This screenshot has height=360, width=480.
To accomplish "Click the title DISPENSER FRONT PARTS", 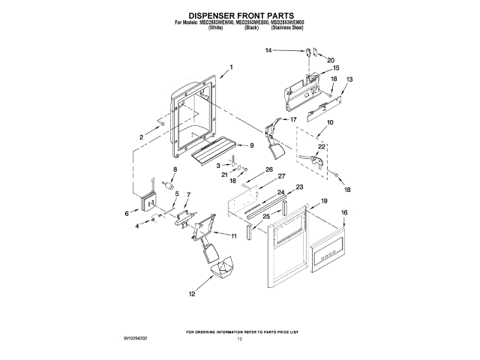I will pos(239,14).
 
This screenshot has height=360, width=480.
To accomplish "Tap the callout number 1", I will pos(231,67).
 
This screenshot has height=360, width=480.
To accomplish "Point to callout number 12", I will pos(191,295).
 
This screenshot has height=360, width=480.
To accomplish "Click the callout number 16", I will pos(345,213).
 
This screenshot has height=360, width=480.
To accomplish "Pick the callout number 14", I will pos(268,50).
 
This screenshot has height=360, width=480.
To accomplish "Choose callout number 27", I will pos(282,176).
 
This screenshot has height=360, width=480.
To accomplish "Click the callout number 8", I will pos(175,171).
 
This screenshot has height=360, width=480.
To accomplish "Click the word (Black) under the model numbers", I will pos(251,28).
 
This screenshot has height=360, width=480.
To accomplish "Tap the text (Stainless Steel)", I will pos(287,28).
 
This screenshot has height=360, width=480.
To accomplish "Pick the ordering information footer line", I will pos(241,331).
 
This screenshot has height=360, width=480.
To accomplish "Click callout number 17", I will pos(293,119).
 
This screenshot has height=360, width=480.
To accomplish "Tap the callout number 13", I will pos(349,79).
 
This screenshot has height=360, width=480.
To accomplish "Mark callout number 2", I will pos(140,136).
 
